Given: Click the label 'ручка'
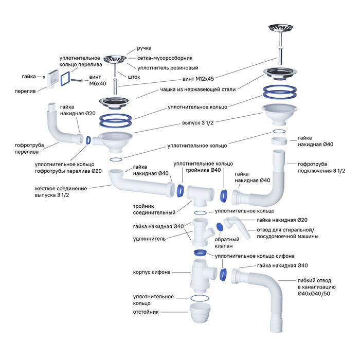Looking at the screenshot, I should point(145,48).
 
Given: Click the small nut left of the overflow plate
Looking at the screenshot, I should point(45,76).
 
